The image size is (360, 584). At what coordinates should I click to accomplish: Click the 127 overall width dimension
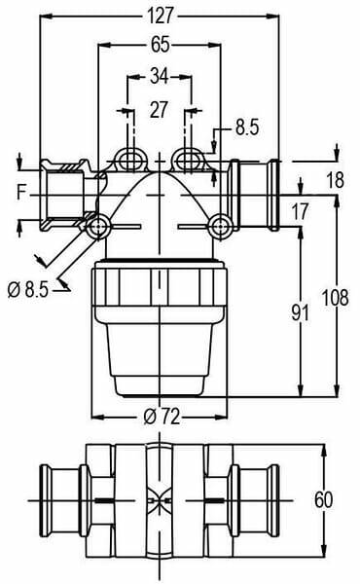[x=161, y=16]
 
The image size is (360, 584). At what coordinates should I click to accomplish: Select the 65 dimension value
[x=161, y=45]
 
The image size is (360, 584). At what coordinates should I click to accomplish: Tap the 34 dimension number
[x=159, y=76]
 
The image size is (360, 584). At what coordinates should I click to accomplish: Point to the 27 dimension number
[x=159, y=109]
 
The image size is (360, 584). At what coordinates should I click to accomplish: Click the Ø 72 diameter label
[x=162, y=416]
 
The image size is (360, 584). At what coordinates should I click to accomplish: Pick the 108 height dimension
[x=335, y=298]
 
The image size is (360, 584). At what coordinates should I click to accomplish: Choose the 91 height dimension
[x=300, y=312]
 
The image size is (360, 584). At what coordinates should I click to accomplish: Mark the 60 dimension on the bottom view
[x=323, y=499]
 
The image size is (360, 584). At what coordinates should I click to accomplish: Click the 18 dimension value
[x=336, y=180]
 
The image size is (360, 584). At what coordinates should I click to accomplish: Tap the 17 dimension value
[x=300, y=211]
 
